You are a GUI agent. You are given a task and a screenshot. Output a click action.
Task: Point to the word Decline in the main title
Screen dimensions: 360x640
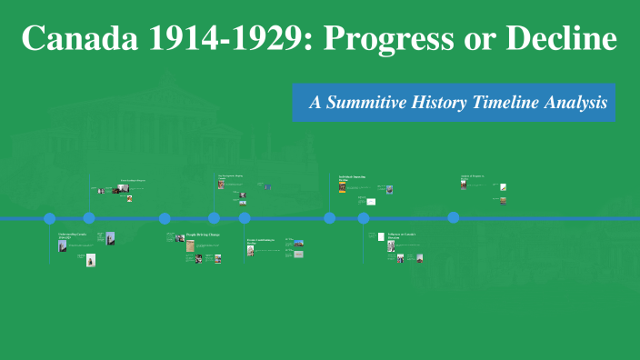[555, 39]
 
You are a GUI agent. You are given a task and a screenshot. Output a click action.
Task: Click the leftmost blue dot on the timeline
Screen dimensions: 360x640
[50, 218]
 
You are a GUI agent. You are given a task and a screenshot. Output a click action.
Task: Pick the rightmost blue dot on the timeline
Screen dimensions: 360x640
[454, 218]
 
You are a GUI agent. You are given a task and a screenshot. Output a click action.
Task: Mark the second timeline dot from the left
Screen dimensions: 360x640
[89, 218]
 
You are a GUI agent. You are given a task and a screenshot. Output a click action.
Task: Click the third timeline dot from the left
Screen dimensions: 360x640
[165, 218]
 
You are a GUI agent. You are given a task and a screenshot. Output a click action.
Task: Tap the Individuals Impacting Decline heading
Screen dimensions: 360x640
[351, 178]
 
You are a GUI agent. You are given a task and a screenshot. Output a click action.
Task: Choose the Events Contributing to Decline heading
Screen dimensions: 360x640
[262, 242]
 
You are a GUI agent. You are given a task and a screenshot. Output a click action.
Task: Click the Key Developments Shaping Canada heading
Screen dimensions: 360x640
[233, 176]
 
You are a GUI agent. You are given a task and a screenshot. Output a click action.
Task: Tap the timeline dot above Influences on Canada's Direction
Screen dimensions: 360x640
[364, 218]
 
